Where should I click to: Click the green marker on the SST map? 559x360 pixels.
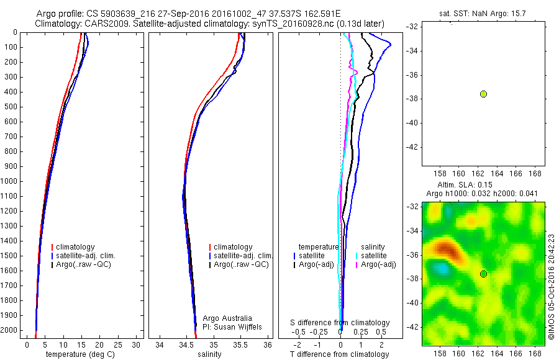[483, 94]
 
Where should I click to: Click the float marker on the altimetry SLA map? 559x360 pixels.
[483, 274]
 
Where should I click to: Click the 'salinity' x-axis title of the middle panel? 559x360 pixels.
[209, 354]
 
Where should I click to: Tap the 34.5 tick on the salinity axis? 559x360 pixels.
[186, 344]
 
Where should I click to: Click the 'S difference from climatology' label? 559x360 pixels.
[340, 323]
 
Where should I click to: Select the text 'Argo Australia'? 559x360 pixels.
[227, 318]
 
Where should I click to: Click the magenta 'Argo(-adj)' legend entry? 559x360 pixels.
[378, 264]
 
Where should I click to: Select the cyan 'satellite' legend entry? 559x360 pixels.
[373, 255]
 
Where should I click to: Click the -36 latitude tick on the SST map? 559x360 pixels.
[412, 75]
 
